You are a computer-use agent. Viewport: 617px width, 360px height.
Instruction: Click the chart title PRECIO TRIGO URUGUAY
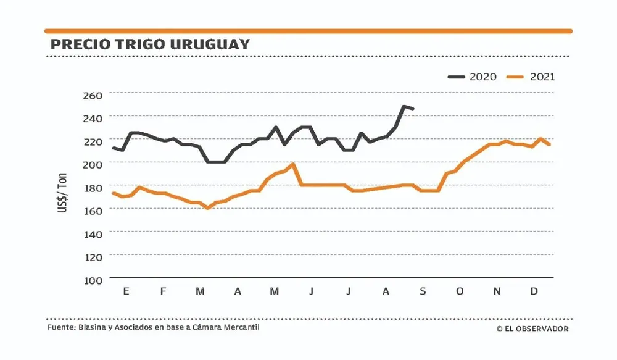tap(149, 44)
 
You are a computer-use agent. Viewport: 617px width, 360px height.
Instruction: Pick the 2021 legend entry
tap(530, 77)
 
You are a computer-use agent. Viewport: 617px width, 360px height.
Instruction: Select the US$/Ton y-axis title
tap(64, 195)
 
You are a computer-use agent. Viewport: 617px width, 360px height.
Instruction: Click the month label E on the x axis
tap(126, 291)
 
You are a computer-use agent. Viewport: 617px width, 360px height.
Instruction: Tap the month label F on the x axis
tap(163, 291)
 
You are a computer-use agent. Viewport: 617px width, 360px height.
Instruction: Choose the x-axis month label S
tap(423, 291)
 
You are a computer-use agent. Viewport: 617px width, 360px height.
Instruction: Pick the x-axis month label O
tap(459, 291)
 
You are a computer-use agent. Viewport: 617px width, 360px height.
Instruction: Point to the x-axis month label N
tap(497, 291)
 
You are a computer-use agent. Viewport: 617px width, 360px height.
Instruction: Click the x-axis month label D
tap(534, 291)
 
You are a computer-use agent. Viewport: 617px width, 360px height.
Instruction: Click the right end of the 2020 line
tap(413, 109)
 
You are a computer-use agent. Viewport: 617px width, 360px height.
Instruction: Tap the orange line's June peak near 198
tap(292, 164)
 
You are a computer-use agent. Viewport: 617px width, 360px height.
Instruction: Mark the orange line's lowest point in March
tap(208, 208)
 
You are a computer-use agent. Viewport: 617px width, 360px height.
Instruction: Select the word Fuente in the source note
tap(60, 327)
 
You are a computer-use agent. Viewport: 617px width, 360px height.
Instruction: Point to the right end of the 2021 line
tap(549, 144)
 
